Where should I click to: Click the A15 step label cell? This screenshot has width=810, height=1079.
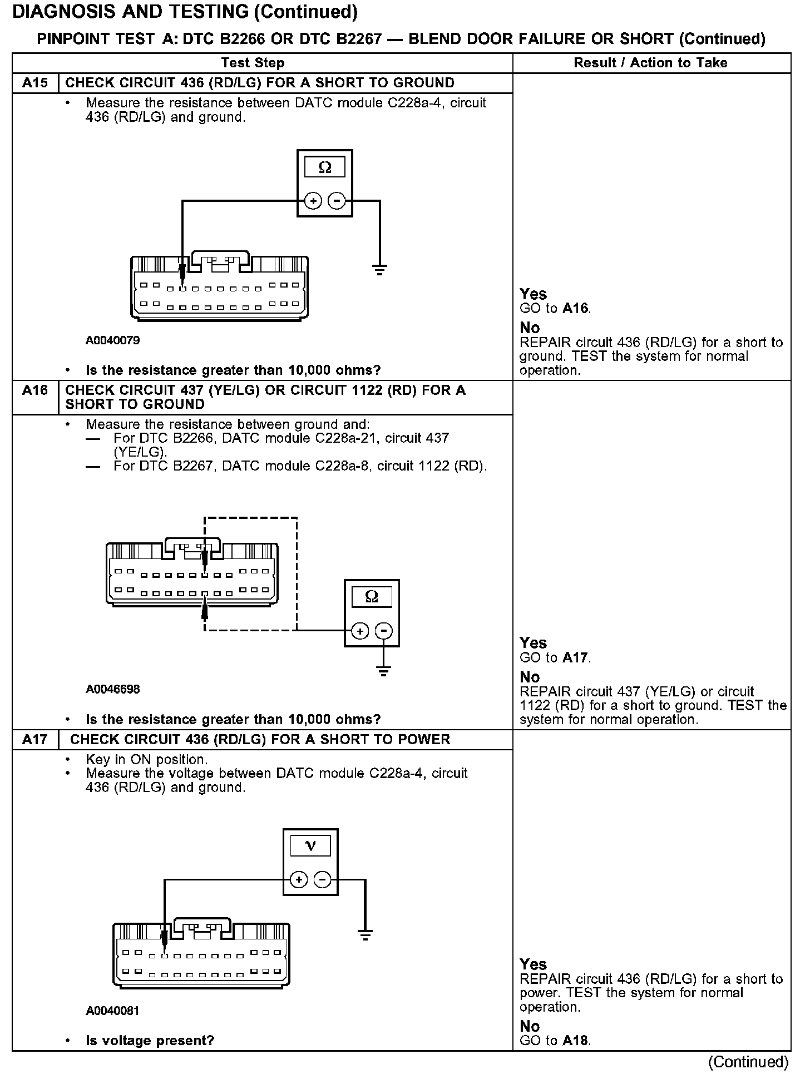pyautogui.click(x=35, y=83)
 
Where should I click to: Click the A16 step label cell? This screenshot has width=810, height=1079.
pyautogui.click(x=35, y=390)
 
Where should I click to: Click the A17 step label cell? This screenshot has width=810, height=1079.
pyautogui.click(x=35, y=739)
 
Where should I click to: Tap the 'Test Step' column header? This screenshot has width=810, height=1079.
pyautogui.click(x=253, y=63)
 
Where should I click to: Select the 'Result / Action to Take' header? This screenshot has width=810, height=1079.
pyautogui.click(x=650, y=63)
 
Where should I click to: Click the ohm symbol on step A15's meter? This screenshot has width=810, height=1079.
pyautogui.click(x=325, y=167)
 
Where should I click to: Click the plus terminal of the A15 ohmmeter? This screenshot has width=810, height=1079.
pyautogui.click(x=313, y=201)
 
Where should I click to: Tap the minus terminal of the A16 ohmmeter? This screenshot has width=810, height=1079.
pyautogui.click(x=384, y=631)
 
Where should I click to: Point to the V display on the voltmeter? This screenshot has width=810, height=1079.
pyautogui.click(x=310, y=847)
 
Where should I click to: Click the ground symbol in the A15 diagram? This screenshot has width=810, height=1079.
pyautogui.click(x=380, y=271)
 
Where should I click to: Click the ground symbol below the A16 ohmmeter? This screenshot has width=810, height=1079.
pyautogui.click(x=384, y=670)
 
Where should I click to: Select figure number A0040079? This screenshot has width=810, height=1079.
pyautogui.click(x=113, y=340)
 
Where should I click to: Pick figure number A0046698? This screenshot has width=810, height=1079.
pyautogui.click(x=113, y=689)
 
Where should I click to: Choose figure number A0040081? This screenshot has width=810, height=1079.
pyautogui.click(x=112, y=1011)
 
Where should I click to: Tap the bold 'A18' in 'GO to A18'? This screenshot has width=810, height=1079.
pyautogui.click(x=575, y=1040)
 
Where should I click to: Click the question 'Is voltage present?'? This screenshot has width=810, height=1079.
pyautogui.click(x=150, y=1040)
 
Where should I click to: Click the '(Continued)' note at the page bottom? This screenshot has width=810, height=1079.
pyautogui.click(x=748, y=1062)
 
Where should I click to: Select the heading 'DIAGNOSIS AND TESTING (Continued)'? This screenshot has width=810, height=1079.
pyautogui.click(x=185, y=12)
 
